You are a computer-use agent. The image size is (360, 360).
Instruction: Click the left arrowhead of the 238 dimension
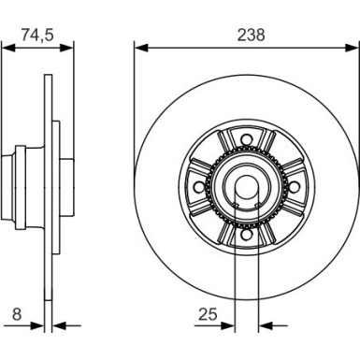click(139, 47)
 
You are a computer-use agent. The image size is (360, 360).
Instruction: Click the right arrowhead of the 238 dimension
click(353, 47)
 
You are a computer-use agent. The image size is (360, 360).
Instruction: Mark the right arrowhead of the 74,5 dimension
click(67, 47)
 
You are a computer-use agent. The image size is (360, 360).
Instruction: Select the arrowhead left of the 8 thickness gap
click(39, 327)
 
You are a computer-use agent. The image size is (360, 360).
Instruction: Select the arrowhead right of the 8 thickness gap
click(56, 327)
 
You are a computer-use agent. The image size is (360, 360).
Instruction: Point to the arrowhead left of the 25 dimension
click(228, 327)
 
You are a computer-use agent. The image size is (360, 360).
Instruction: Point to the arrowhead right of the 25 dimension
click(264, 327)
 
